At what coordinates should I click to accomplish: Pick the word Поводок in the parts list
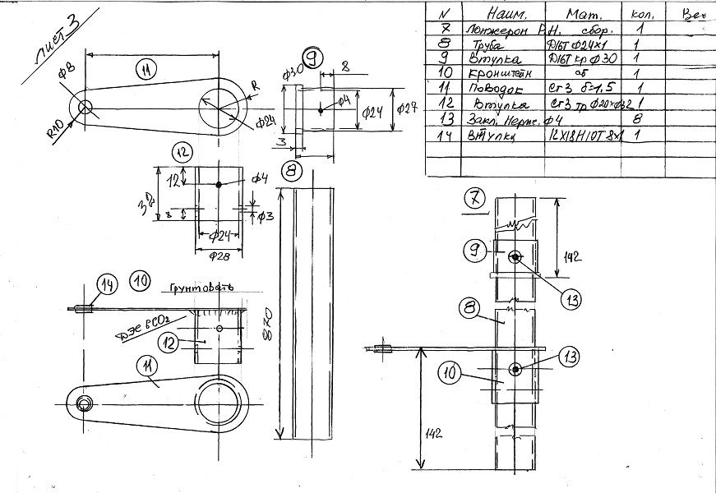[493, 88]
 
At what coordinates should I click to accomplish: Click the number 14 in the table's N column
[444, 135]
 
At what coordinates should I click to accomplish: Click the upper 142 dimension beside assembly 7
[573, 256]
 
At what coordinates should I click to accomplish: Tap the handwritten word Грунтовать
[201, 288]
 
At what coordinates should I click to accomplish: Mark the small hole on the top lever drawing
[85, 107]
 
